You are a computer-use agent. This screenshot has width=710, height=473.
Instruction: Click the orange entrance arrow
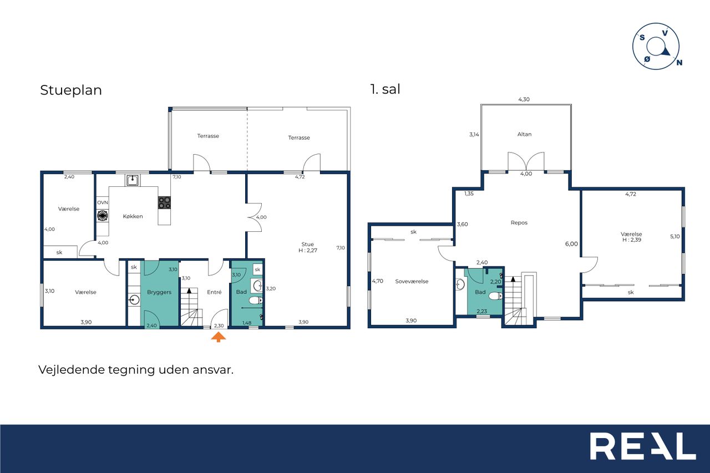[x=219, y=337]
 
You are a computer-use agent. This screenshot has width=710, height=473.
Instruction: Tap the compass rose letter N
[x=679, y=63]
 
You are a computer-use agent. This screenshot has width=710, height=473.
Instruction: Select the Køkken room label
[x=133, y=216]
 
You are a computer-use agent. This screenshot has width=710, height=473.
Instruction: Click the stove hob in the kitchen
[x=164, y=202]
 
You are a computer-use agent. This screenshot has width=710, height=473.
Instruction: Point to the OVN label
[x=103, y=202]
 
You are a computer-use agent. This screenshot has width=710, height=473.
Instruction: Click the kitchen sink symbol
[x=132, y=180]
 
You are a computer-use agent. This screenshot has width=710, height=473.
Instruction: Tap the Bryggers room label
[x=159, y=292]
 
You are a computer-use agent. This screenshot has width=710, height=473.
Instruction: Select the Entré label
[x=214, y=292]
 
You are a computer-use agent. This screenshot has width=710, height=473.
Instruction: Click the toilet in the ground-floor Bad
[x=256, y=300]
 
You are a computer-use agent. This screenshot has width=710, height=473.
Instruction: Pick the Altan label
[x=524, y=134]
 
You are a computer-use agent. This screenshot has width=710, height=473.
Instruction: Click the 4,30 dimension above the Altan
[x=524, y=99]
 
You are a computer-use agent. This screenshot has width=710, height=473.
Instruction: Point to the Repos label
[x=519, y=223]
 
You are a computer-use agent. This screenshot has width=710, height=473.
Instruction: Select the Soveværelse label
[x=412, y=281]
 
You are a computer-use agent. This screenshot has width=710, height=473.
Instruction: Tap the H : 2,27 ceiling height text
[x=308, y=250]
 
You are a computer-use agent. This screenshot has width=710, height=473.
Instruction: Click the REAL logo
[x=643, y=446]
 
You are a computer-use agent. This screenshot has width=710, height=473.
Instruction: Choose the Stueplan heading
[x=71, y=90]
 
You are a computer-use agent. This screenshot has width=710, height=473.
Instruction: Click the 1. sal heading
[x=385, y=89]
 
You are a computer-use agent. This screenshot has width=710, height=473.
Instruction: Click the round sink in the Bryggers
[x=135, y=299]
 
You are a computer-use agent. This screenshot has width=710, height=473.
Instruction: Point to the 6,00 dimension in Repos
[x=571, y=244]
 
